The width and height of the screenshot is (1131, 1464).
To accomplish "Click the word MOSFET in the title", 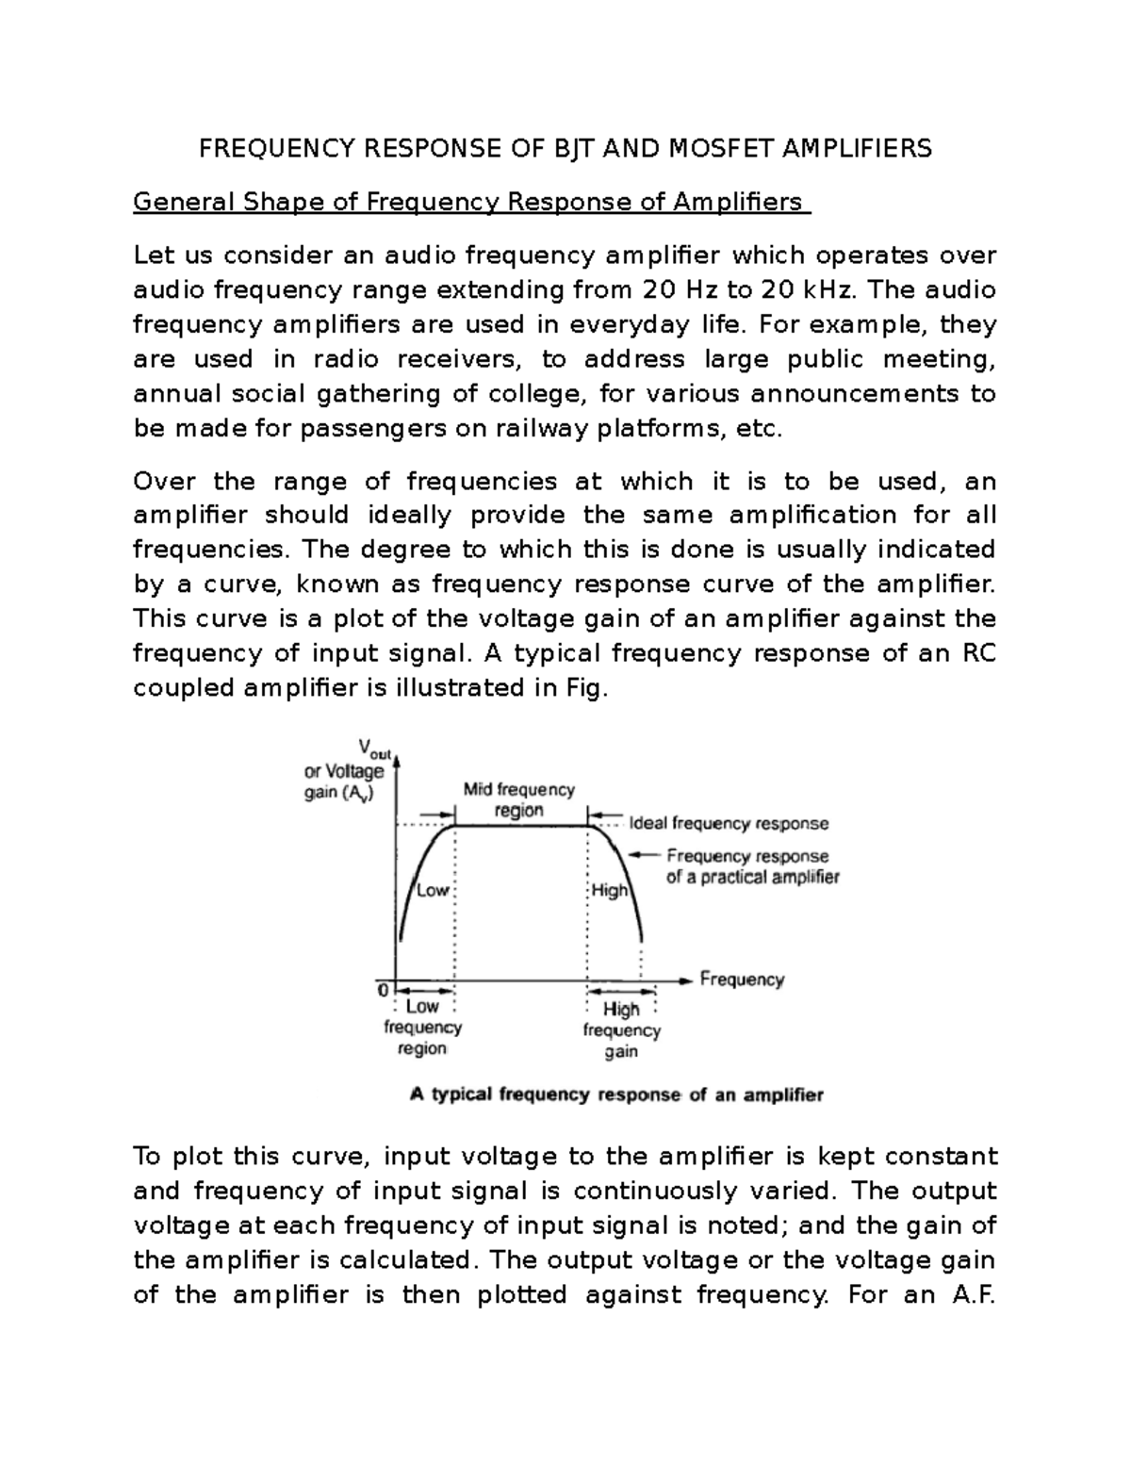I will (732, 148).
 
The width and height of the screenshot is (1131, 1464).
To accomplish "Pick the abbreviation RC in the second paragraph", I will (977, 653).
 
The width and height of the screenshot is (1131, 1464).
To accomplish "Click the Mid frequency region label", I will (518, 799).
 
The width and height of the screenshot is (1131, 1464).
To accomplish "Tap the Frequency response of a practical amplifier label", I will (750, 866).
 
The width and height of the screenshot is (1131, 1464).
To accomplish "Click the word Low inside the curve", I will (433, 891).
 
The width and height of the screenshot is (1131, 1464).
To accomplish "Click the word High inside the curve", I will (609, 891).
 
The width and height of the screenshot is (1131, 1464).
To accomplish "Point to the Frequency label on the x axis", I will (742, 979).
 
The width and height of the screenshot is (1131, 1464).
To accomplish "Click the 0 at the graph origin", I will (383, 991).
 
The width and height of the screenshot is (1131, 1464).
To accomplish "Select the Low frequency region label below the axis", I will (422, 1028).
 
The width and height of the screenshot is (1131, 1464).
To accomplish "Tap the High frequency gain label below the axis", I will (621, 1030).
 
